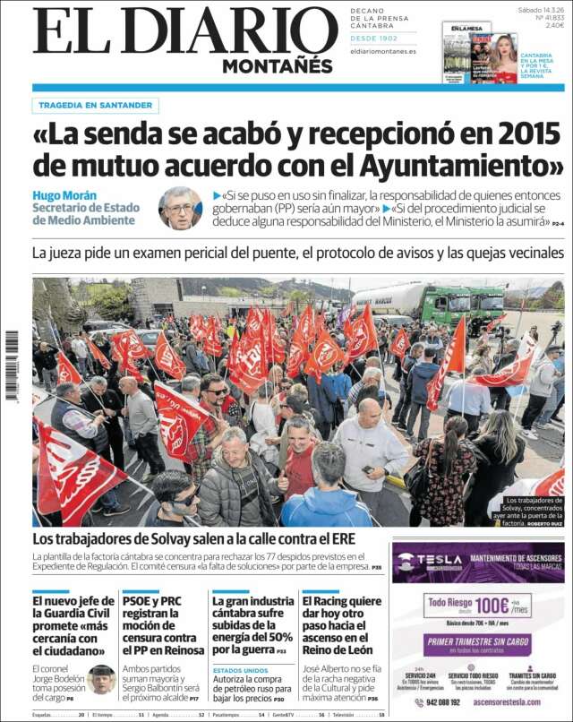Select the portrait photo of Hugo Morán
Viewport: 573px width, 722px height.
180,209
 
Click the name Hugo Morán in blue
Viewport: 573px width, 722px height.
64,195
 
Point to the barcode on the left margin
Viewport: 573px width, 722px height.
12,365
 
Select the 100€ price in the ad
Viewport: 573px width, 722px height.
491,606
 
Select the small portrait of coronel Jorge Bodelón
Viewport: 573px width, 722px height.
101,680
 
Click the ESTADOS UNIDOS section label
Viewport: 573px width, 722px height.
241,669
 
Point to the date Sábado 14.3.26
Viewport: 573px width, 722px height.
541,11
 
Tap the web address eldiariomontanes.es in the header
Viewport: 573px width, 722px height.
383,51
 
